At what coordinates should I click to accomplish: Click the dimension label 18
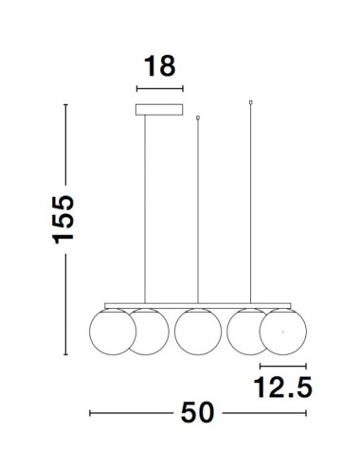click(160, 66)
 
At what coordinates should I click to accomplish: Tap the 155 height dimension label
click(63, 220)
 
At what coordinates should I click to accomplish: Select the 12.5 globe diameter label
click(283, 387)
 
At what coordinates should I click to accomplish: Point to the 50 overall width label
click(198, 412)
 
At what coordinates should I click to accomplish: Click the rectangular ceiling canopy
click(159, 110)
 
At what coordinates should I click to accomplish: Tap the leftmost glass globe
click(113, 332)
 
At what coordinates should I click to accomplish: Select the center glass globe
click(198, 332)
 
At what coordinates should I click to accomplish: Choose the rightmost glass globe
click(283, 332)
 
